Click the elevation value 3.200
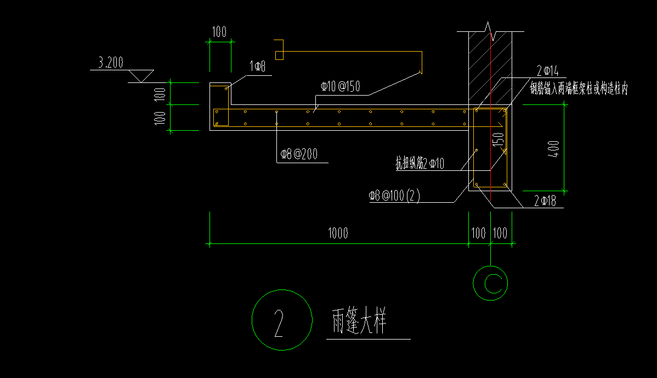tap(111, 63)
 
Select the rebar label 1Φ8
tap(257, 67)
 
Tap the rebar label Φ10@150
tap(340, 86)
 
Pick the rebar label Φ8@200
tap(299, 154)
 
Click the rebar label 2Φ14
tap(547, 70)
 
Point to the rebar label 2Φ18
tap(545, 202)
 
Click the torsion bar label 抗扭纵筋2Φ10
tap(420, 163)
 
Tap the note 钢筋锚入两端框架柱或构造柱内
tap(578, 89)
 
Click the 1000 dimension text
tap(338, 234)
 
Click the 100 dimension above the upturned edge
tap(219, 32)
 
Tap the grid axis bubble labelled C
tap(491, 283)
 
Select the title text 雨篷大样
tap(359, 322)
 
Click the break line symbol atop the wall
tap(490, 31)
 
